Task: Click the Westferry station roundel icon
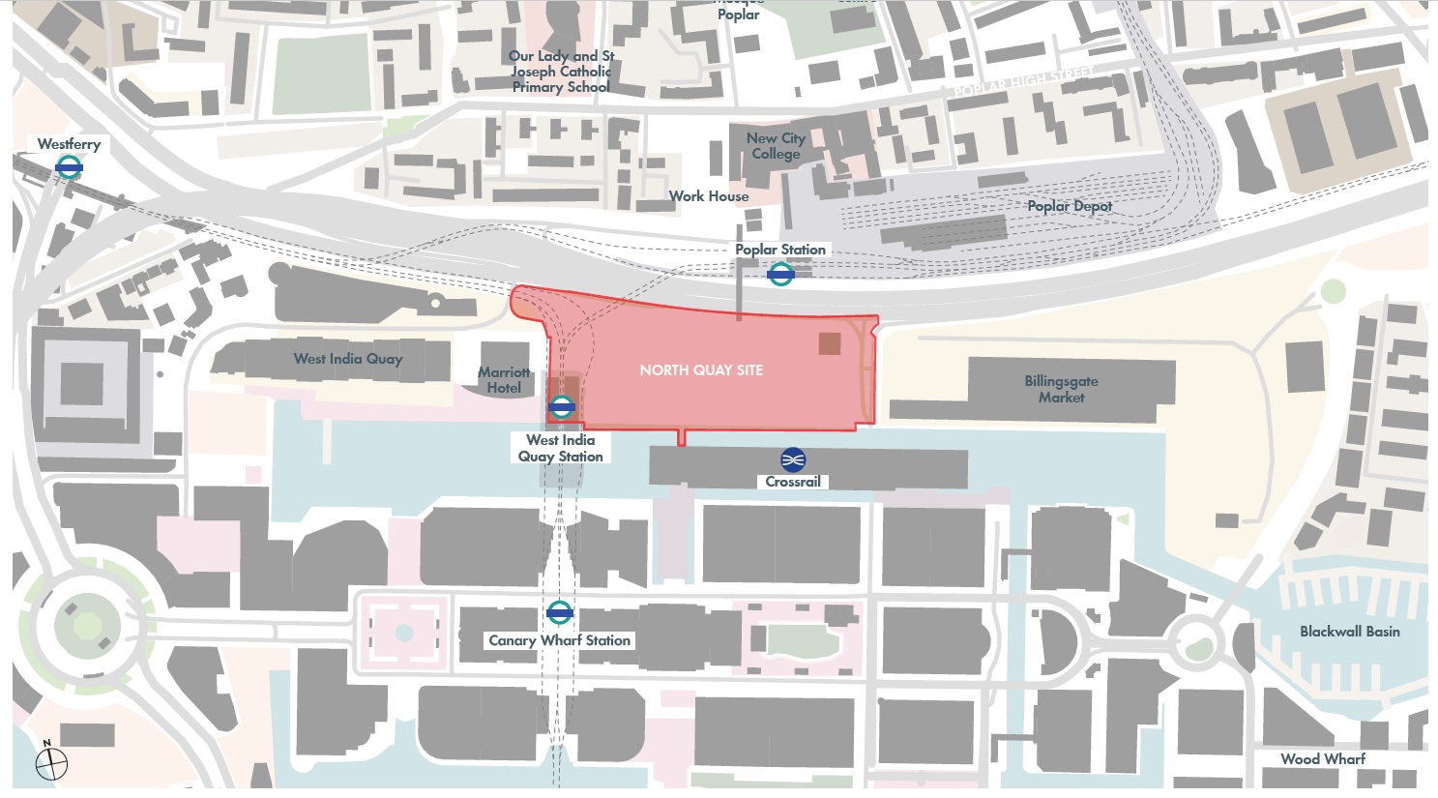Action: [x=69, y=167]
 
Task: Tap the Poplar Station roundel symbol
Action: [x=780, y=275]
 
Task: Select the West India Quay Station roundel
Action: [x=561, y=407]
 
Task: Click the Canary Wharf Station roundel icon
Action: [x=559, y=612]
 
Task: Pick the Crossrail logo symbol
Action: [x=793, y=459]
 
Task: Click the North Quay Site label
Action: [x=701, y=370]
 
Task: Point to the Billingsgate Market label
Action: [x=1061, y=389]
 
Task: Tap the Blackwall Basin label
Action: [x=1349, y=632]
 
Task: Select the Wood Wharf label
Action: [x=1323, y=759]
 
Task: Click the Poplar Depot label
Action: [x=1070, y=206]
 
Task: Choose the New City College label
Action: [x=776, y=146]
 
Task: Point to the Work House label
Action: [x=709, y=196]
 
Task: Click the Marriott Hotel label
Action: [x=504, y=380]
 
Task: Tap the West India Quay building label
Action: [x=348, y=359]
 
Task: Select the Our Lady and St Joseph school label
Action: [x=561, y=72]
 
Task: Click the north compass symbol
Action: [x=50, y=763]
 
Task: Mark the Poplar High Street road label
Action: [x=1023, y=82]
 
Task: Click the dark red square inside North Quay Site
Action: [x=830, y=343]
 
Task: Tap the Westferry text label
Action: [x=69, y=144]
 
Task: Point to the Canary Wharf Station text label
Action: [x=559, y=640]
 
